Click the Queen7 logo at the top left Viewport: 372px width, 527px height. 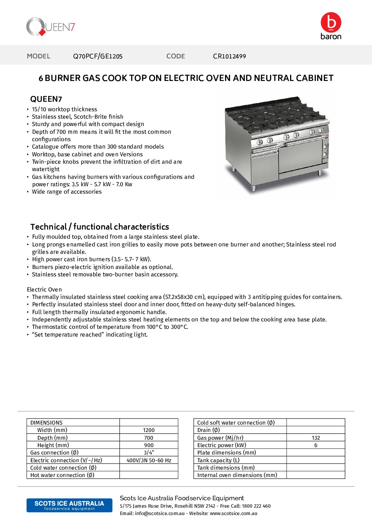(51, 27)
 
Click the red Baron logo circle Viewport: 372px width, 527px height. (331, 23)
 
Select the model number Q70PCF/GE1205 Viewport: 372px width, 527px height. (98, 56)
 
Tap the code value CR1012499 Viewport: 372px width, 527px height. (229, 56)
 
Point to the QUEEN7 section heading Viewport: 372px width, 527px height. (46, 99)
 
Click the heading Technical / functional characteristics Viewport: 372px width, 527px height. (100, 227)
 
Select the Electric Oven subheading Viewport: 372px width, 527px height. (44, 289)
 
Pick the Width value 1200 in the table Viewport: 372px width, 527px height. (149, 430)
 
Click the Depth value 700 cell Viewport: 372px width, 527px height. (149, 438)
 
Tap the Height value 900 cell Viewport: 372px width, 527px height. (149, 445)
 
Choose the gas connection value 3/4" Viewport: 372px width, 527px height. (149, 453)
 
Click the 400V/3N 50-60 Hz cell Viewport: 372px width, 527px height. (149, 460)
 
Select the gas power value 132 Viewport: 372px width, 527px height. (316, 438)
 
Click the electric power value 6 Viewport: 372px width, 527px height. (316, 445)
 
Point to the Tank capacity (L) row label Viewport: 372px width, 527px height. (218, 460)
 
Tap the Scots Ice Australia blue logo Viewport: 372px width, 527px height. (69, 505)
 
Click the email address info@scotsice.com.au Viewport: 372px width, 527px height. (160, 513)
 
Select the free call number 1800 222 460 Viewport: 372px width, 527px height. (256, 506)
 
